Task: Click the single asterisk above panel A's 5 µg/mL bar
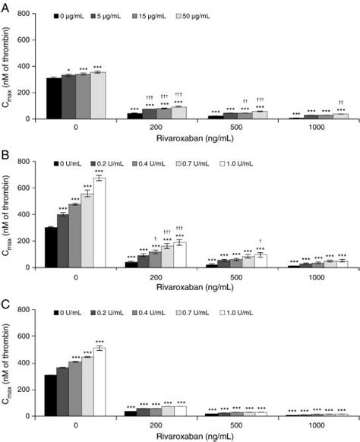point(68,71)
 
